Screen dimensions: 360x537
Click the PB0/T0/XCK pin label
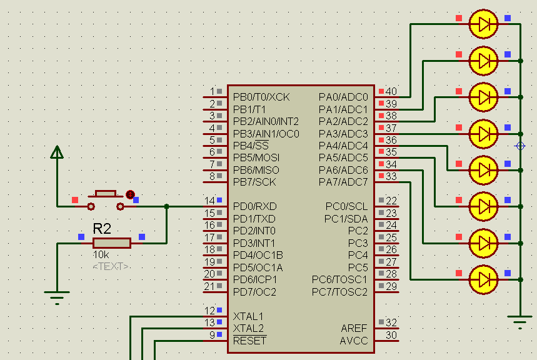(261, 97)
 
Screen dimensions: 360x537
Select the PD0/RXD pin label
(254, 206)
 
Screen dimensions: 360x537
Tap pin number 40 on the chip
(391, 92)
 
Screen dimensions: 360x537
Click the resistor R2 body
(112, 243)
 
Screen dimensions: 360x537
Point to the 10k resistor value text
(101, 255)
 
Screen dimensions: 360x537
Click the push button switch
(105, 199)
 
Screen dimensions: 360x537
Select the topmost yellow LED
(483, 24)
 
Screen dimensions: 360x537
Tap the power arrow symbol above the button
(57, 152)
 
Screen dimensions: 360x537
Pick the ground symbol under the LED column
(520, 322)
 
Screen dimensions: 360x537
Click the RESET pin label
(249, 341)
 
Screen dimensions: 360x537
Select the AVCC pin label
(354, 341)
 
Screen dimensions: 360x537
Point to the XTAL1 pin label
(248, 316)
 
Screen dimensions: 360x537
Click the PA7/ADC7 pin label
(343, 182)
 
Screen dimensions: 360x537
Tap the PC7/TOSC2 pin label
(340, 292)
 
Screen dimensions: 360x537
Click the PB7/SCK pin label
(254, 182)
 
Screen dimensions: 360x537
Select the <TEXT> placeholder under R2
(111, 266)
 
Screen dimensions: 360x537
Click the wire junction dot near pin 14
(166, 206)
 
